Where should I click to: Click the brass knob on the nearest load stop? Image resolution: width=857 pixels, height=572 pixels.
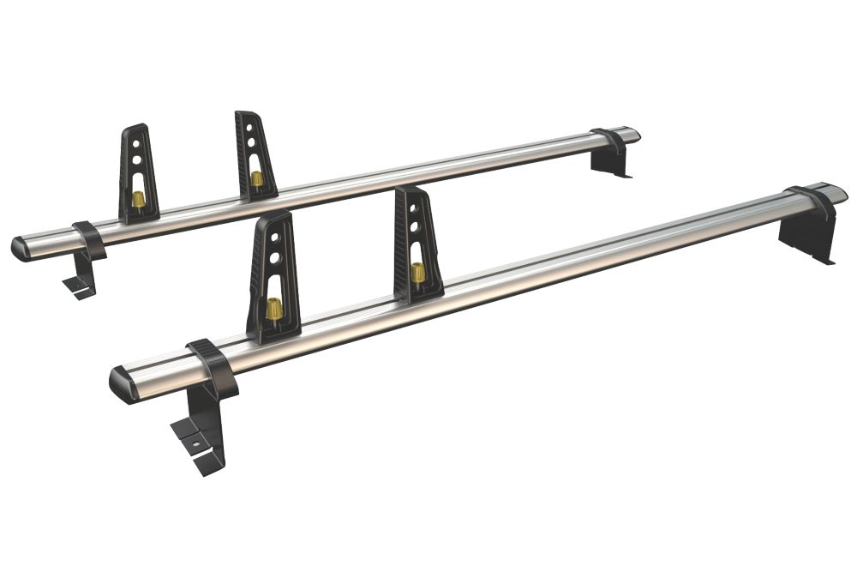(274, 310)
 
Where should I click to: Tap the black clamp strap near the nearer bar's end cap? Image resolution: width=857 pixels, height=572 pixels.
(212, 367)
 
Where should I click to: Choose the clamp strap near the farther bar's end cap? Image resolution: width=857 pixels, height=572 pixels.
(89, 240)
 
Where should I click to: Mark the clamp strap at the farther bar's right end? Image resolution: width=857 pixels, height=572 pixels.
(608, 141)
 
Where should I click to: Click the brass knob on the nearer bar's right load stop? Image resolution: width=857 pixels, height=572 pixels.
(418, 273)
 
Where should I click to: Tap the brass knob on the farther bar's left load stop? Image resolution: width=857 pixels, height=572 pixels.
(138, 200)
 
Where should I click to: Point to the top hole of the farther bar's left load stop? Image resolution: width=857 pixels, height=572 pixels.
(135, 143)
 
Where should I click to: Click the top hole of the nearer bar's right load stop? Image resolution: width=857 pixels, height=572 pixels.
(413, 208)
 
